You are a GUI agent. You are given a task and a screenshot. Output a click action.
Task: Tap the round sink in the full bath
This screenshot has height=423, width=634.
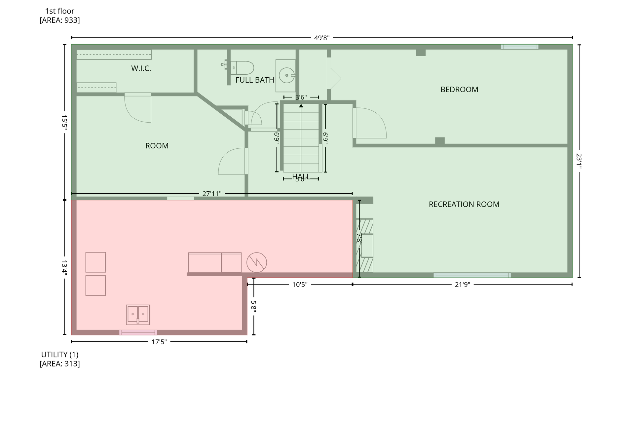pos(286,75)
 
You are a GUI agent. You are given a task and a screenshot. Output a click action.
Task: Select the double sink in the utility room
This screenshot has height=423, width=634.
pos(138,315)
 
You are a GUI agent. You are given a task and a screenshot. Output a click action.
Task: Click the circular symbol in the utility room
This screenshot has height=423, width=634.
pos(257,262)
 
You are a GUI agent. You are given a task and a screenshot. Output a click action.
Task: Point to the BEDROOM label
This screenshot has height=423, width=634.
pos(459,90)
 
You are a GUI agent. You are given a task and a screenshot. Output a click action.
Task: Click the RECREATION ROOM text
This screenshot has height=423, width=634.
pos(464,205)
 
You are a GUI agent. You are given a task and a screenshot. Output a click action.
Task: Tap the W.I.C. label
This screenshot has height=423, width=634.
pos(141,68)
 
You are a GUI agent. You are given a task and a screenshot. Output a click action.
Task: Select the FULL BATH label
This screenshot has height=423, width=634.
pos(255,80)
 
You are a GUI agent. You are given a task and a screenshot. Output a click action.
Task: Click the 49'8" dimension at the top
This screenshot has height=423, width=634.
pos(322,38)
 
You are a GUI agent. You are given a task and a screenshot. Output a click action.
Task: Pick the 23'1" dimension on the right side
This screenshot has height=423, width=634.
pos(579,161)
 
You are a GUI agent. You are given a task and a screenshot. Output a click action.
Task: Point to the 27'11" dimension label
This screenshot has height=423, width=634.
pos(212,194)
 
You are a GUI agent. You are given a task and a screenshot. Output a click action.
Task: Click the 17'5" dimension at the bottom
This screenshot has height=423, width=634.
pos(159,342)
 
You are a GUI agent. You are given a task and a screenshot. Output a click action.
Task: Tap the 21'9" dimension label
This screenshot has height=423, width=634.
pos(462,285)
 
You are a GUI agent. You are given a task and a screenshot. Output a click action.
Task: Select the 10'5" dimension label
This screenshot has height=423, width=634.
pos(300,285)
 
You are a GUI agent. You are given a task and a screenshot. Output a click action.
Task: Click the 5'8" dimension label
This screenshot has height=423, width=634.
pos(253,306)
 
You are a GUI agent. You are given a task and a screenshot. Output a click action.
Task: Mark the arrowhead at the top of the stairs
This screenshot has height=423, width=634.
pos(301,106)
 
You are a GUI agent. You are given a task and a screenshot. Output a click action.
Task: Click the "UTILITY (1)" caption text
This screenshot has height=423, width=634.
pos(60,355)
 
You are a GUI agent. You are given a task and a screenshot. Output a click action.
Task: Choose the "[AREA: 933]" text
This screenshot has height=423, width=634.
pos(60,20)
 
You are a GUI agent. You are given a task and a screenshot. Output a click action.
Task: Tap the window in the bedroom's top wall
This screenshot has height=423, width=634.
pos(520,47)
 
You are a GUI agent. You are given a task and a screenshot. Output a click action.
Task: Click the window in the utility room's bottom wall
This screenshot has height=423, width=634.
pos(138,332)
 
